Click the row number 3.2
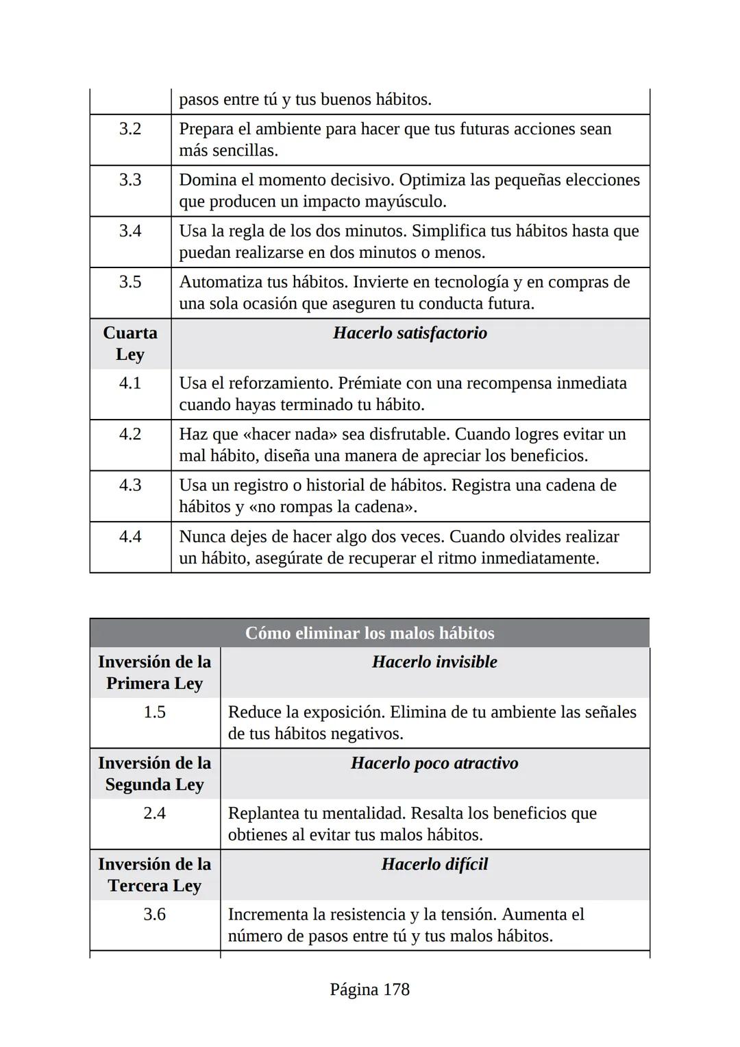pos(130,129)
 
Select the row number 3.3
pos(130,180)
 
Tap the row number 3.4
pos(130,230)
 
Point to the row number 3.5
pos(130,282)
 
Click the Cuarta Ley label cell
pos(130,344)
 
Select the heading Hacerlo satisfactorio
pos(410,333)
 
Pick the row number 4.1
pos(130,383)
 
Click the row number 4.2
pos(130,434)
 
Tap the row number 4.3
pos(130,485)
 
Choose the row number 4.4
pos(130,536)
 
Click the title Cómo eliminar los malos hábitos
pos(369,633)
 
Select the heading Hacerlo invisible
pos(434,662)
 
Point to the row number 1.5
pos(154,712)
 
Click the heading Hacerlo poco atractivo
pos(434,763)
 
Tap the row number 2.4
pos(154,813)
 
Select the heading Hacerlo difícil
pos(434,864)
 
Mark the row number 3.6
pos(154,914)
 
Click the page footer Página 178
pos(369,989)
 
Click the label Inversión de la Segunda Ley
pos(154,773)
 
